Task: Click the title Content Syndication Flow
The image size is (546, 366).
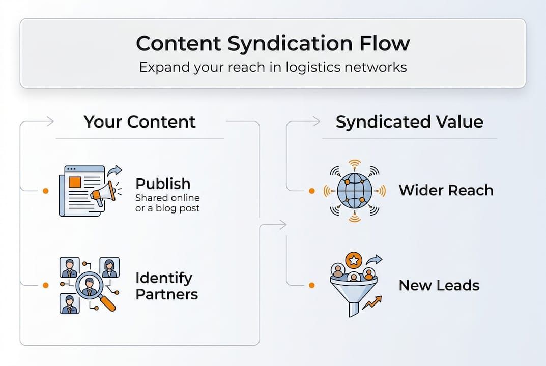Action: click(273, 43)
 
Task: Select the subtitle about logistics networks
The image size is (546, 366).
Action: click(273, 67)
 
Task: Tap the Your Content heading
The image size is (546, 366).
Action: click(139, 122)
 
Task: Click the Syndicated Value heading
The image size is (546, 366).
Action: click(409, 122)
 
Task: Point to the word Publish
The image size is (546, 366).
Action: click(163, 184)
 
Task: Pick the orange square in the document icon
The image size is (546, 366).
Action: click(75, 181)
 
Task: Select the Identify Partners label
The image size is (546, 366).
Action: click(166, 286)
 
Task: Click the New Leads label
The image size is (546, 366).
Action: click(439, 285)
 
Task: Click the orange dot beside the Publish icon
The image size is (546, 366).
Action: click(46, 191)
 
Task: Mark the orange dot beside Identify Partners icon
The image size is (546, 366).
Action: click(46, 285)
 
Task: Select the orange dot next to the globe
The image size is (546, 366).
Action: click(312, 191)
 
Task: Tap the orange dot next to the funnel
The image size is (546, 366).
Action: click(312, 285)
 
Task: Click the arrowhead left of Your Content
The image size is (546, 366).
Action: click(49, 121)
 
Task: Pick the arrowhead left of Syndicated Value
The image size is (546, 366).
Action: click(316, 121)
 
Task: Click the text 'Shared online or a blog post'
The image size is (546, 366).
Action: click(167, 203)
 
